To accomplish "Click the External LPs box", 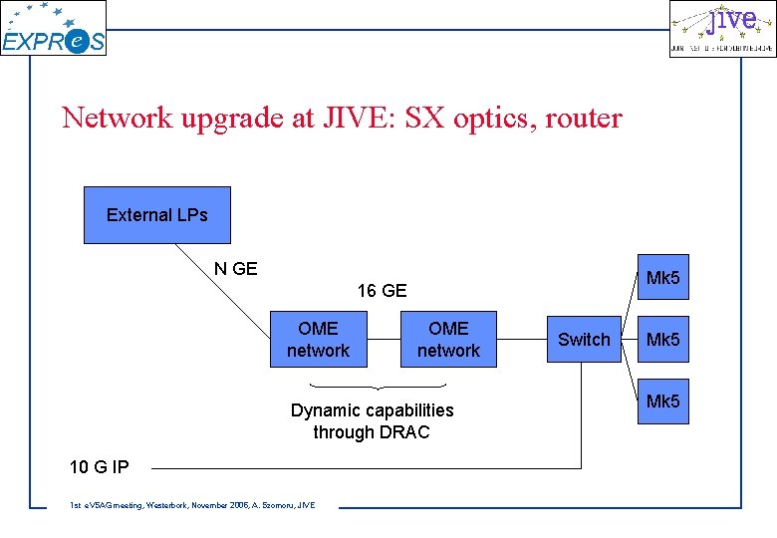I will pyautogui.click(x=156, y=215).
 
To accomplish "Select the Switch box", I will pyautogui.click(x=584, y=340).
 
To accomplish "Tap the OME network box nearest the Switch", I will pyautogui.click(x=448, y=340).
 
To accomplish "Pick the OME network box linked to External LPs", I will pyautogui.click(x=318, y=340).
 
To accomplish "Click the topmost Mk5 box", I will pyautogui.click(x=662, y=278).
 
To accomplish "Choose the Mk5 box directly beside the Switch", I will pyautogui.click(x=662, y=340).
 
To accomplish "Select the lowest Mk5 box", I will pyautogui.click(x=662, y=402).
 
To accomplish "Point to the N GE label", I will pyautogui.click(x=236, y=269).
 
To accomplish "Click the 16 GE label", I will pyautogui.click(x=382, y=291).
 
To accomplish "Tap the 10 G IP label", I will pyautogui.click(x=99, y=466).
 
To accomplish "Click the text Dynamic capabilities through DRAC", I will pyautogui.click(x=372, y=421).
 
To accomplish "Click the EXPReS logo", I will pyautogui.click(x=53, y=30).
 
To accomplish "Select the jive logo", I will pyautogui.click(x=721, y=29).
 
